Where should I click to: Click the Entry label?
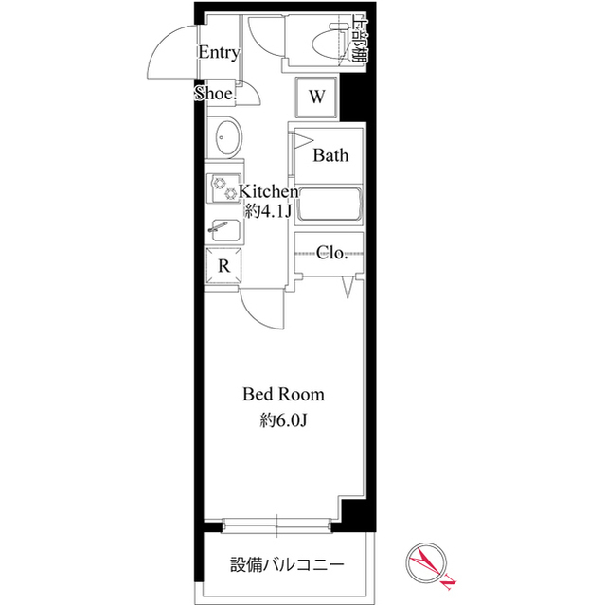(218, 53)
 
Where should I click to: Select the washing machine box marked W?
(317, 96)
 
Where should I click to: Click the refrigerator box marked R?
(223, 266)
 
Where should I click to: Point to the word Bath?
(331, 155)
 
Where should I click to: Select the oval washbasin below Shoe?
(226, 139)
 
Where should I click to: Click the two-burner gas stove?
(224, 188)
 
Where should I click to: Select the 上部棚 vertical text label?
(360, 38)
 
